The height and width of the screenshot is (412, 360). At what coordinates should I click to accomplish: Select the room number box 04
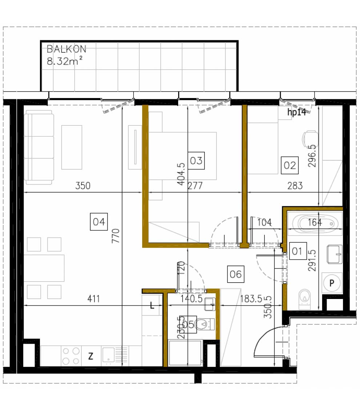[x=99, y=222]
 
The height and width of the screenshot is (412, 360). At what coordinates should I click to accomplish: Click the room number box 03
[x=196, y=160]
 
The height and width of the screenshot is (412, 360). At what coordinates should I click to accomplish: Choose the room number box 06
[x=236, y=274]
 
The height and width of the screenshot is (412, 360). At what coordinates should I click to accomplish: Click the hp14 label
[x=296, y=113]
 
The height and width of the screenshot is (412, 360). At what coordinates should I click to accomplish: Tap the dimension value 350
[x=83, y=186]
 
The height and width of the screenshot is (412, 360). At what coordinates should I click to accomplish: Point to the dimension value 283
[x=295, y=186]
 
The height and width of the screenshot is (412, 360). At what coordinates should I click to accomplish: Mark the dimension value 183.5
[x=251, y=299]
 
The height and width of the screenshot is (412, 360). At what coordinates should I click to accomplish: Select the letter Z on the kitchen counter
[x=91, y=356]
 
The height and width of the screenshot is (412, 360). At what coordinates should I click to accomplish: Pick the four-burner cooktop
[x=71, y=356]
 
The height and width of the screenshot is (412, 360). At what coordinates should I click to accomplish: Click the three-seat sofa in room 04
[x=39, y=147]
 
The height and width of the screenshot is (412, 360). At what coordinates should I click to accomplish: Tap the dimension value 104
[x=264, y=222]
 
